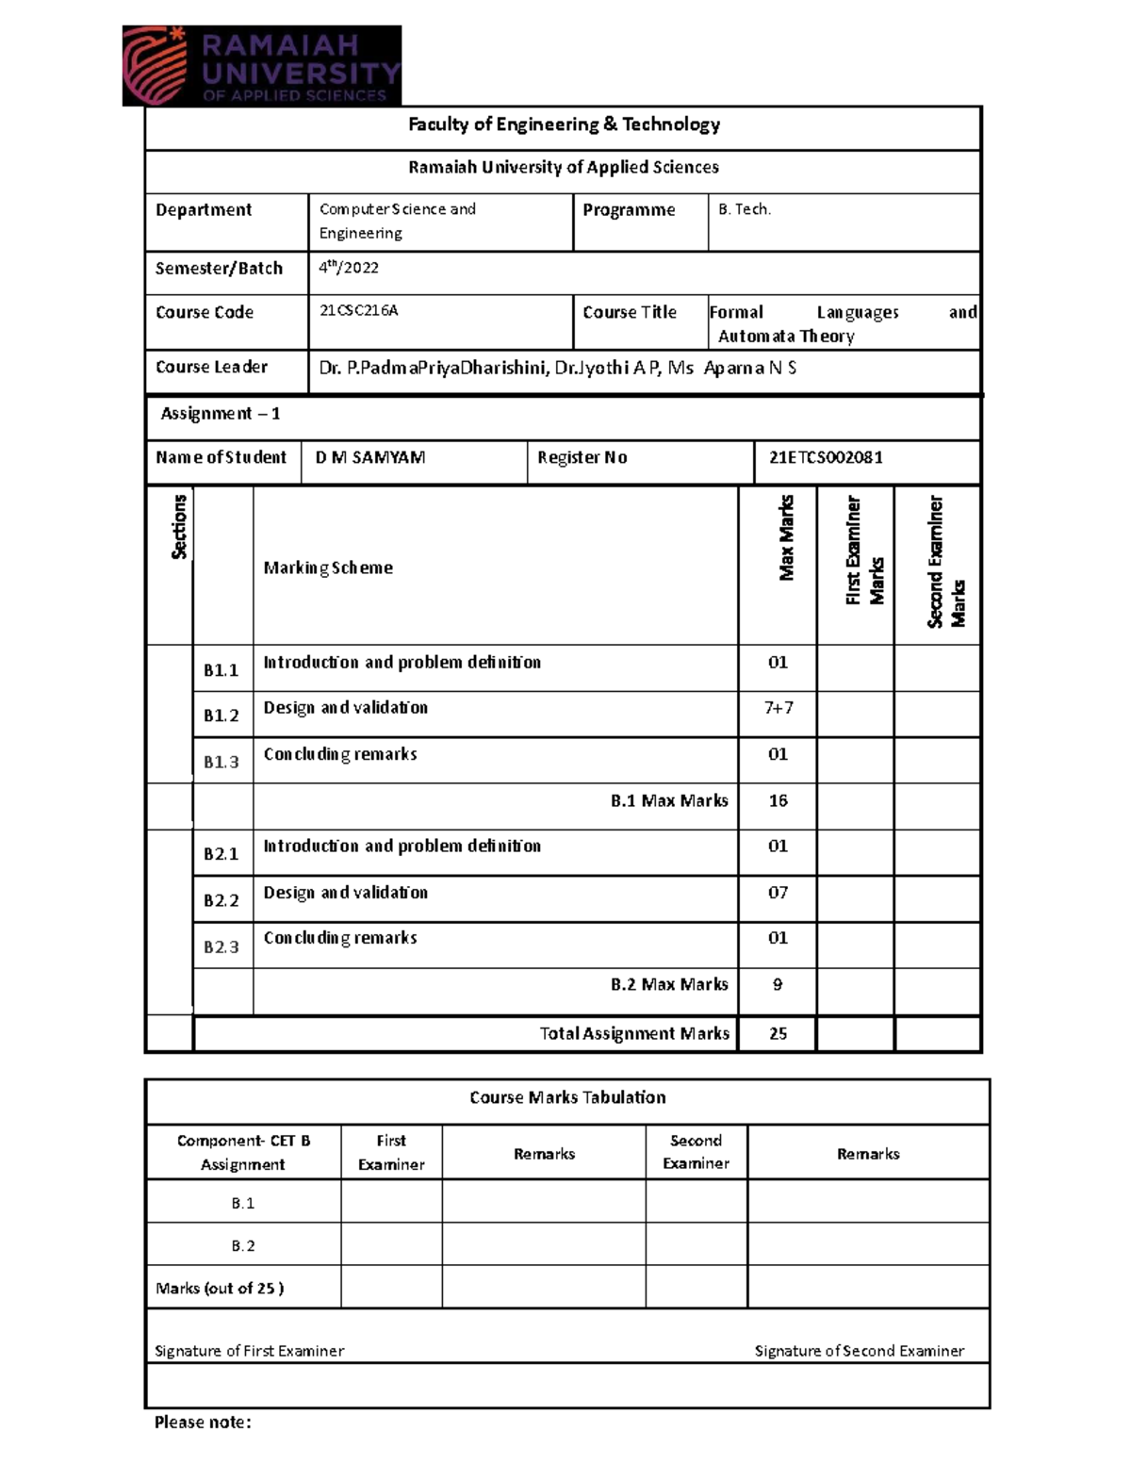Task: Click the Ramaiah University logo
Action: click(262, 65)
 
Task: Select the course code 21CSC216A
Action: click(359, 311)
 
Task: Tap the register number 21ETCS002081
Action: click(826, 457)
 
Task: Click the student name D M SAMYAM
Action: click(370, 457)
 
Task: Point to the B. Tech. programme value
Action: click(745, 209)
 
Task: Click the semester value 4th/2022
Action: click(349, 268)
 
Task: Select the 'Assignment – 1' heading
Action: click(221, 414)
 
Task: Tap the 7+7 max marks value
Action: click(779, 708)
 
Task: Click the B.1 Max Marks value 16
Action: click(778, 800)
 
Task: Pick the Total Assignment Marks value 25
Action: click(778, 1033)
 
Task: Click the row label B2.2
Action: click(221, 900)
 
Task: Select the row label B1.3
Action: click(221, 762)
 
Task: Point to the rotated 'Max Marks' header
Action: click(787, 537)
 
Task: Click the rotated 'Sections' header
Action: click(179, 528)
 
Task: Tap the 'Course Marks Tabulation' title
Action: click(567, 1097)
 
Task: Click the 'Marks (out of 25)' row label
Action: click(220, 1288)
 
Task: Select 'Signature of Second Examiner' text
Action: click(859, 1351)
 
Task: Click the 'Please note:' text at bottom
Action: click(203, 1423)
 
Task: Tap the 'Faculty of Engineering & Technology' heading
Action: click(564, 124)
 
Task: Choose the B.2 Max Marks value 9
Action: click(778, 984)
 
